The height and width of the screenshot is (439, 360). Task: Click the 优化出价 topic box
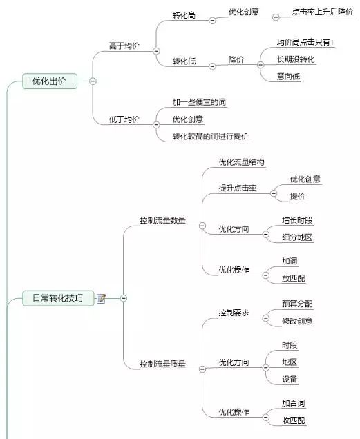click(x=50, y=81)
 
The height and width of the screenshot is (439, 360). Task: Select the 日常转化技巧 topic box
click(x=58, y=298)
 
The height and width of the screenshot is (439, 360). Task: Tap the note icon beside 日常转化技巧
click(x=101, y=298)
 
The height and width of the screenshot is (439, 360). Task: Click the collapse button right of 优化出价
click(x=93, y=81)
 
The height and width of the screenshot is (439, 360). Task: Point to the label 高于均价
click(x=124, y=46)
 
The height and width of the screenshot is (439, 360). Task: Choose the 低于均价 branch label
click(x=124, y=119)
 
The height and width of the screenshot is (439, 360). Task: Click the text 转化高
click(x=184, y=15)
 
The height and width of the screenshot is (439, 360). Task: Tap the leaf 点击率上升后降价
click(x=323, y=12)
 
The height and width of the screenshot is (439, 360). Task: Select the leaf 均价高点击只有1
click(x=305, y=42)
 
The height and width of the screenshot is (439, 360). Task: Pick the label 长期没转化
click(x=296, y=59)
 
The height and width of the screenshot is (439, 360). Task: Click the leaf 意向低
click(x=288, y=77)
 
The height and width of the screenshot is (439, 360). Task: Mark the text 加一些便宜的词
click(x=199, y=102)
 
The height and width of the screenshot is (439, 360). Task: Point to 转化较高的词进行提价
click(x=210, y=137)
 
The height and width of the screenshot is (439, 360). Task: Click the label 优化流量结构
click(x=241, y=162)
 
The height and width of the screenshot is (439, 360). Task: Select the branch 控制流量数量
click(x=162, y=221)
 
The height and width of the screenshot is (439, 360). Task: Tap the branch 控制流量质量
click(x=162, y=364)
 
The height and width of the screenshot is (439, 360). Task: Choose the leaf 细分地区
click(x=297, y=237)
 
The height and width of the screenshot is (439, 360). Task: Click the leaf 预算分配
click(x=297, y=304)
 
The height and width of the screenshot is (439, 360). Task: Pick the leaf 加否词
click(x=293, y=403)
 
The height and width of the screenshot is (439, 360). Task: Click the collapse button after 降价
click(x=260, y=65)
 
